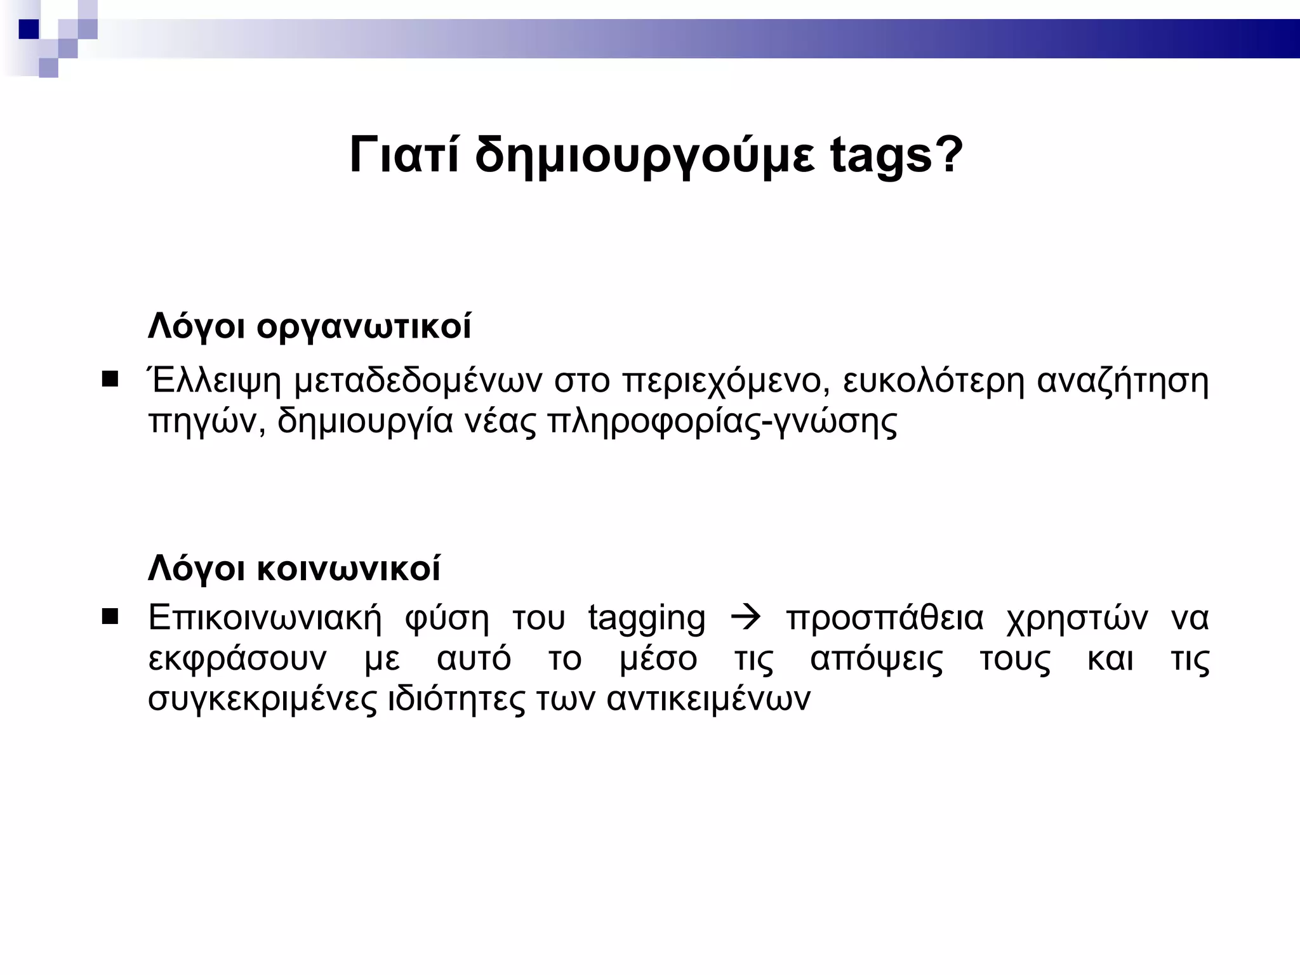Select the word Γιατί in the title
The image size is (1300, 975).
(x=404, y=155)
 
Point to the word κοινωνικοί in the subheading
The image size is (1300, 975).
(x=348, y=568)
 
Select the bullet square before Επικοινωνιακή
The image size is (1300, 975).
(x=110, y=616)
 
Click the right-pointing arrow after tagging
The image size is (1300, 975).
(x=746, y=618)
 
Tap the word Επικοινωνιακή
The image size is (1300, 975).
(x=265, y=619)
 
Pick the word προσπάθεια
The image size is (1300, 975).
(x=885, y=619)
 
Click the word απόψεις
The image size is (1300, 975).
(x=877, y=660)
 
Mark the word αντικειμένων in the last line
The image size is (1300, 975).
(x=708, y=700)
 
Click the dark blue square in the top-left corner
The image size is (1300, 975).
(x=29, y=29)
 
